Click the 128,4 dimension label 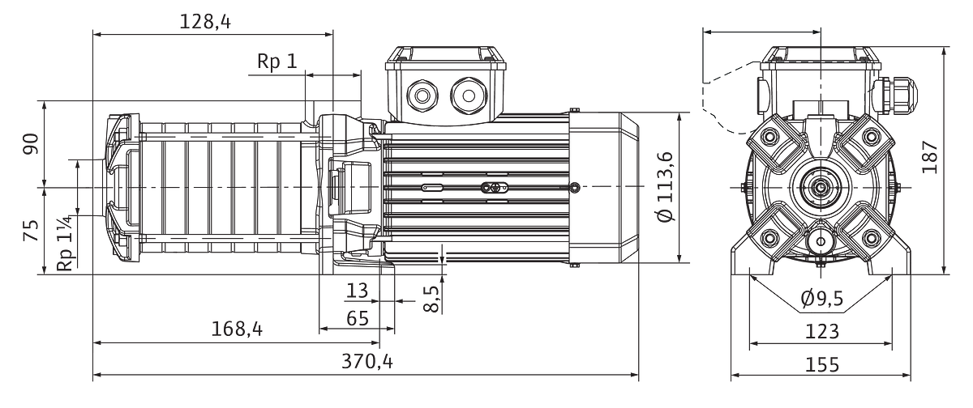point(205,21)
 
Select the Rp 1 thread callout point(277,62)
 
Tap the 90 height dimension point(32,144)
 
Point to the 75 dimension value point(32,230)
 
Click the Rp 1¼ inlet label point(65,244)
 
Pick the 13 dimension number point(357,291)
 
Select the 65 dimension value point(358,319)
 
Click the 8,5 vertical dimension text point(431,299)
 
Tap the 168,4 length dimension point(237,329)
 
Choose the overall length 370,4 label point(367,361)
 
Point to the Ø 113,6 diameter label point(666,187)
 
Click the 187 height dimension point(930,157)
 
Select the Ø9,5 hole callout point(822,298)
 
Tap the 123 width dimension point(822,332)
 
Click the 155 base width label point(822,364)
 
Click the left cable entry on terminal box point(422,96)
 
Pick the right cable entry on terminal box point(469,96)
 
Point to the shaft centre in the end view point(821,187)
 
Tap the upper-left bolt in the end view point(769,138)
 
